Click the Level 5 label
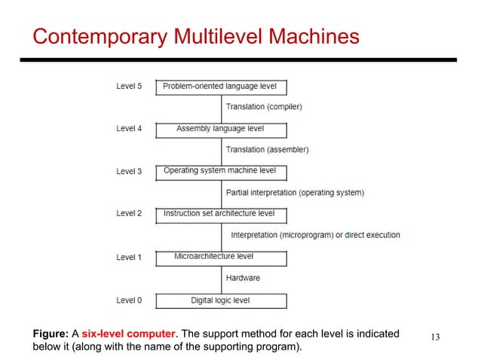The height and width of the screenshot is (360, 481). (129, 86)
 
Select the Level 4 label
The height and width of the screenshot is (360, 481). (129, 129)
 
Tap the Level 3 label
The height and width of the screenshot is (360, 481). (129, 172)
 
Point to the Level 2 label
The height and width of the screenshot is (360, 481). (129, 214)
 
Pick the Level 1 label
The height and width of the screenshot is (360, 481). (129, 258)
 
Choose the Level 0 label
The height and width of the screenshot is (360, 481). (129, 301)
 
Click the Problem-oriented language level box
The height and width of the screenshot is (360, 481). (221, 87)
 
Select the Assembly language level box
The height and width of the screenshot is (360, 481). (221, 130)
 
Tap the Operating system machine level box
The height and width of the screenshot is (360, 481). (221, 172)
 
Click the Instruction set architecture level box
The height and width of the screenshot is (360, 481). (221, 215)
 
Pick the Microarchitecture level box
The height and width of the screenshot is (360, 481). (221, 258)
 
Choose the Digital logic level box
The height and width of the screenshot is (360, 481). (221, 301)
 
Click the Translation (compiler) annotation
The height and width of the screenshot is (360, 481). (264, 107)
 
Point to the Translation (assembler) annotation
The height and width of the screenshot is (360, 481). (267, 150)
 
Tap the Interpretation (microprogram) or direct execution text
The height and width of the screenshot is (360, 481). (315, 235)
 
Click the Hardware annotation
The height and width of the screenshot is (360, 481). (243, 278)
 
